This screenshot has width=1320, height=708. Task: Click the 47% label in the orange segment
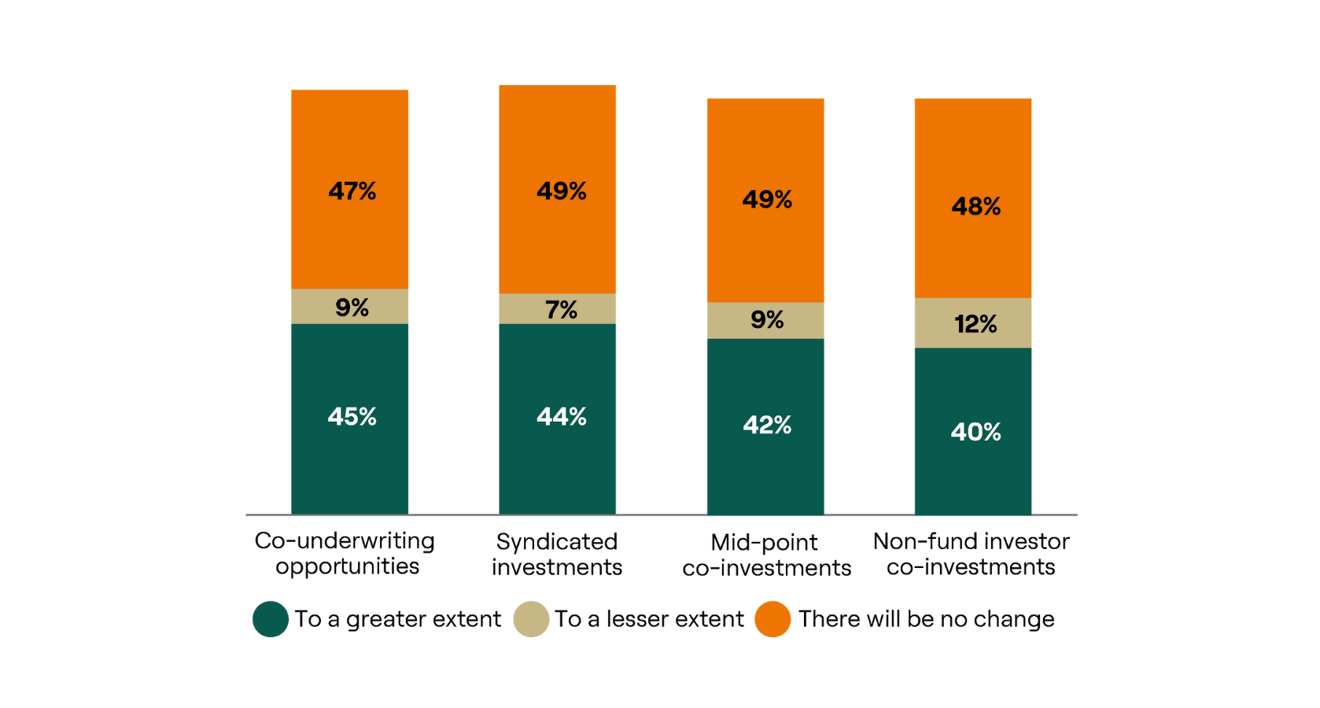coord(352,191)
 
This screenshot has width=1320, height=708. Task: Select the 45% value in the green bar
coord(352,416)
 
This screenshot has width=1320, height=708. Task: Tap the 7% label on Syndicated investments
coord(561,310)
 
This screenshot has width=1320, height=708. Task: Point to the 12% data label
coord(975,324)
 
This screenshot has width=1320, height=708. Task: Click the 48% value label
coord(975,206)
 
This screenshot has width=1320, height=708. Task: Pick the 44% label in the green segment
coord(561,416)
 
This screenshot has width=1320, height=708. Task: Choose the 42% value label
coord(767,425)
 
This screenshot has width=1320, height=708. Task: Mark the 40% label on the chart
coord(975,432)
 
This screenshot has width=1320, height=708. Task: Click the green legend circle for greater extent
coord(270,619)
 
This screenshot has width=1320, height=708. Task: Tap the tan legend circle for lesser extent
coord(531,619)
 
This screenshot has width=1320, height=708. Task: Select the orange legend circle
coord(772,619)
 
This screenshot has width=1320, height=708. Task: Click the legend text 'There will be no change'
coord(926,619)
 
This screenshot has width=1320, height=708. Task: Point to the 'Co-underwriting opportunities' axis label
coord(345,553)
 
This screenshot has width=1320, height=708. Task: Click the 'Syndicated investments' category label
coord(557,554)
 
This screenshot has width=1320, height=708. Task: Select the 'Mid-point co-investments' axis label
coord(766,555)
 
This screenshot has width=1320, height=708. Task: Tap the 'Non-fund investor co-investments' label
coord(971,554)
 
